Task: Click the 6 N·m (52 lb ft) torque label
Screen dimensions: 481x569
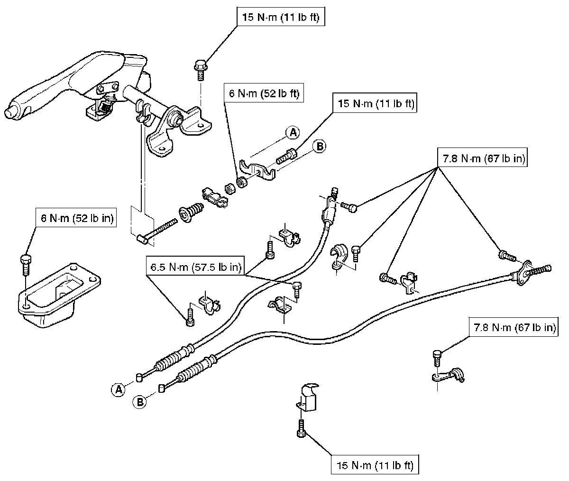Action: point(264,93)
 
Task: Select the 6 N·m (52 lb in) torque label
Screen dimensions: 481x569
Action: point(76,218)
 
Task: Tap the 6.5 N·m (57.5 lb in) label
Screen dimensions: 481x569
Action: point(195,267)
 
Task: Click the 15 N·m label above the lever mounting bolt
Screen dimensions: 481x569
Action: point(283,18)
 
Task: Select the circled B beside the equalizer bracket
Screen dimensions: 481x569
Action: point(320,147)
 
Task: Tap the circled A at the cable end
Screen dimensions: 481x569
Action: point(119,389)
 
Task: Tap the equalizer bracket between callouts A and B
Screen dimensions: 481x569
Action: point(257,168)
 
